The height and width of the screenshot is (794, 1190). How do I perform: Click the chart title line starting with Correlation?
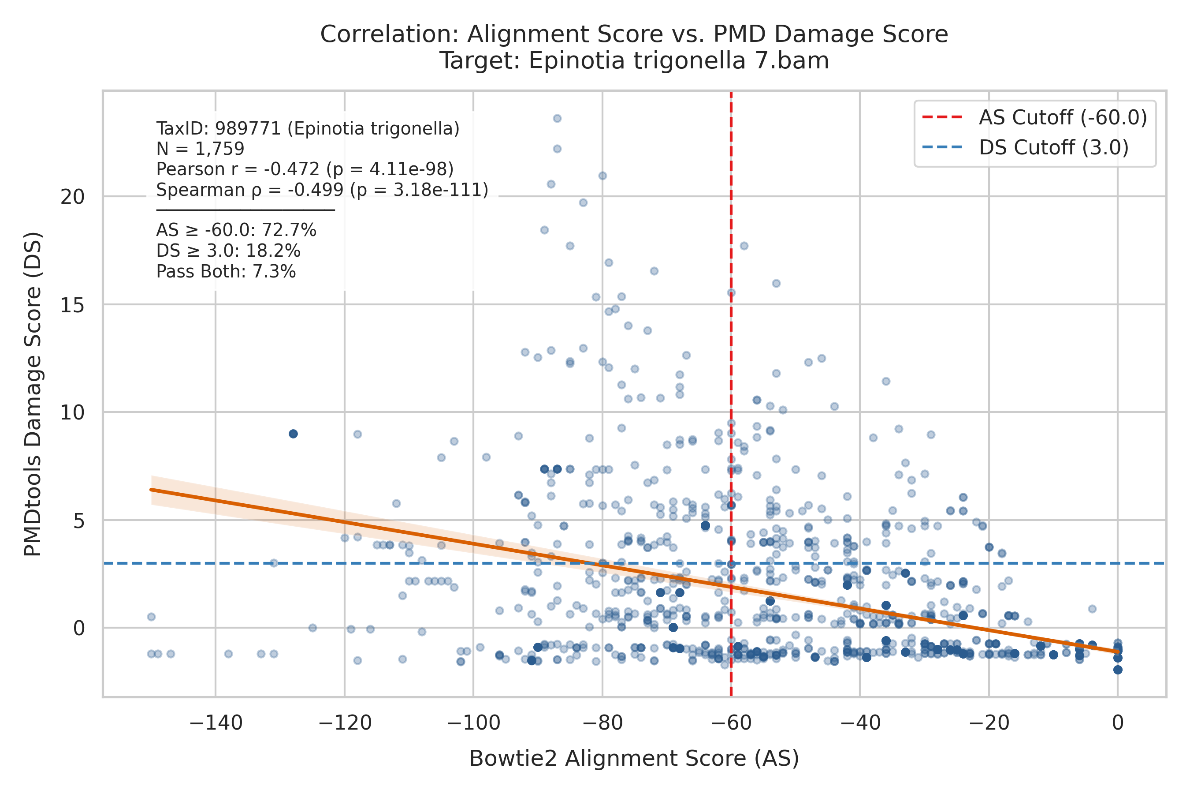[x=634, y=34]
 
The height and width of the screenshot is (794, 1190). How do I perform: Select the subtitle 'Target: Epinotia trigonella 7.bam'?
[x=634, y=61]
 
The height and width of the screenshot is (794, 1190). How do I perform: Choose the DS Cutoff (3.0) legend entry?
[x=1025, y=148]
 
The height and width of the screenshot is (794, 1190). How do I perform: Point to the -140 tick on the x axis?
[x=216, y=723]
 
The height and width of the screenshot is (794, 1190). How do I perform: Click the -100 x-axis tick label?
[x=473, y=723]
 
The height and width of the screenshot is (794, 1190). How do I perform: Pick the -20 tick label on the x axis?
[x=989, y=723]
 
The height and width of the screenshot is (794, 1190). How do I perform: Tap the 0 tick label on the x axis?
[x=1118, y=723]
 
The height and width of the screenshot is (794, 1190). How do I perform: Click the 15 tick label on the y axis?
[x=73, y=305]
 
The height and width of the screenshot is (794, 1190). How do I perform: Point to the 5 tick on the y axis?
[x=79, y=521]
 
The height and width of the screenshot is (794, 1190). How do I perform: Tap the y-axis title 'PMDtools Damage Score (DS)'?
[x=33, y=394]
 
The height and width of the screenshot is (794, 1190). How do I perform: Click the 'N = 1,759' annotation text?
[x=201, y=149]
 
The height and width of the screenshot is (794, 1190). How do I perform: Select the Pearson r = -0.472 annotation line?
[x=305, y=169]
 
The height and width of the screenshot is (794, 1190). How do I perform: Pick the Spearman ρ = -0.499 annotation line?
[x=322, y=190]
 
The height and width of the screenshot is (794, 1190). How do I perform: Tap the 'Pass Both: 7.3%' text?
[x=226, y=272]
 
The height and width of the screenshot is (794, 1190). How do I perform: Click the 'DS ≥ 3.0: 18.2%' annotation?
[x=228, y=251]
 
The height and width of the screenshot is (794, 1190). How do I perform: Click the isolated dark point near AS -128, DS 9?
[x=293, y=434]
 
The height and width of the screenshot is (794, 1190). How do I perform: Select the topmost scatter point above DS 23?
[x=557, y=119]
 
